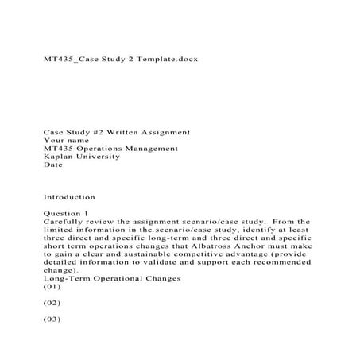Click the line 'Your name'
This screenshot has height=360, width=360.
click(x=67, y=140)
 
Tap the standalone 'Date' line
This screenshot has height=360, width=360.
click(x=52, y=165)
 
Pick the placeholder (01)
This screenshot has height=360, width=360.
click(x=52, y=288)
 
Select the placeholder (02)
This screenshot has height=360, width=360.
click(x=52, y=304)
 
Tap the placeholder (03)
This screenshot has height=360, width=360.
click(x=52, y=320)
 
